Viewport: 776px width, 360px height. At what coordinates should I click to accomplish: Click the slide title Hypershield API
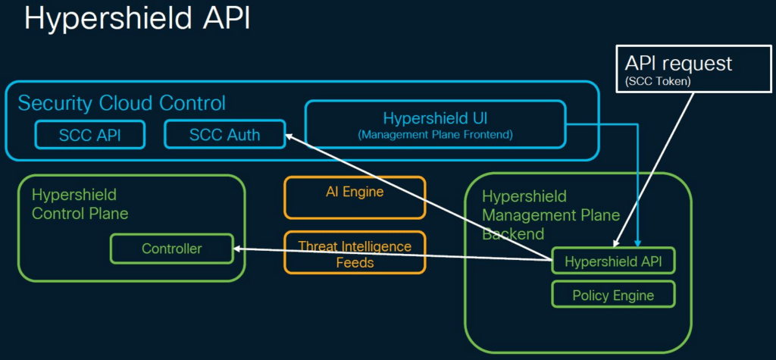click(137, 19)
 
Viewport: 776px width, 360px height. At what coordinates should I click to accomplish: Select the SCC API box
click(90, 135)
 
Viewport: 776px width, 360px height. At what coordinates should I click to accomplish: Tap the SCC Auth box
click(224, 134)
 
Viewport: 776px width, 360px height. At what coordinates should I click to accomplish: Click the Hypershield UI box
click(435, 124)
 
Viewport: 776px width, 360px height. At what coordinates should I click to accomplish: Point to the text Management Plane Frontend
click(435, 134)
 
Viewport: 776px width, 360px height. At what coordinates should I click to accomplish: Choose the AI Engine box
click(355, 197)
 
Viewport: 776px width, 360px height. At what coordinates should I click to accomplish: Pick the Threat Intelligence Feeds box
click(355, 252)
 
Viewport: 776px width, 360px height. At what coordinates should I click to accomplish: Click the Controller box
click(172, 249)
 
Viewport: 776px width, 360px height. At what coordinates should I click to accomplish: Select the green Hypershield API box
click(613, 260)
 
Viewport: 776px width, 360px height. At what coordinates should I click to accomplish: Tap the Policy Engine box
click(613, 295)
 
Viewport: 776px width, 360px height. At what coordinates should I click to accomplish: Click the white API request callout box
click(693, 68)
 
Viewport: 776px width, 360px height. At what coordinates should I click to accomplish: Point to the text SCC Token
click(657, 82)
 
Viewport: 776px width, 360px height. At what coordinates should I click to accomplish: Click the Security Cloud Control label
click(122, 104)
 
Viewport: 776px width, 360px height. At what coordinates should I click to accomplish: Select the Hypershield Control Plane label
click(80, 204)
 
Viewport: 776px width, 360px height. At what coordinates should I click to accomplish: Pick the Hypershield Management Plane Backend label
click(551, 214)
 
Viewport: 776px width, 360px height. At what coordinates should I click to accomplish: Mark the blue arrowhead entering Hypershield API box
click(638, 243)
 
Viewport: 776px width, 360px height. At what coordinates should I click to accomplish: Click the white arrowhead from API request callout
click(615, 243)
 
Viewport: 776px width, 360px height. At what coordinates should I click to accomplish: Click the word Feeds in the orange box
click(355, 262)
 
